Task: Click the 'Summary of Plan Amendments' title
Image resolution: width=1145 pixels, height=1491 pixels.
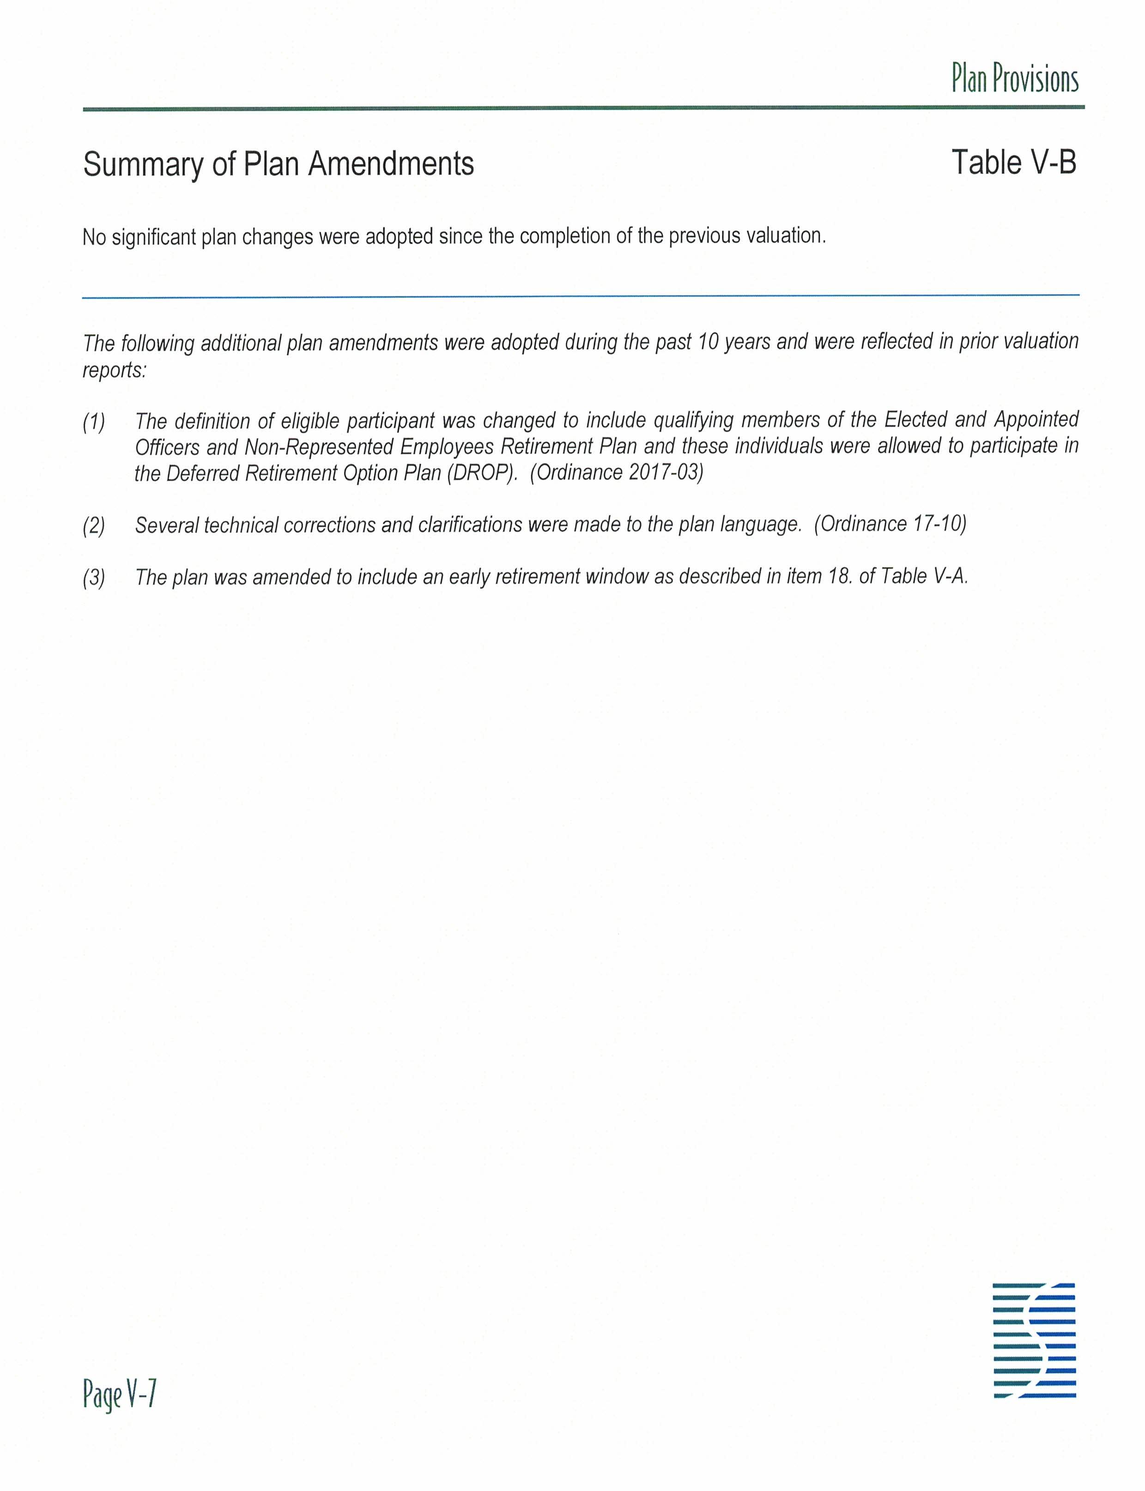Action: [x=278, y=164]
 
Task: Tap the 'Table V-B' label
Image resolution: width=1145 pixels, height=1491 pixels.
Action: [x=1013, y=163]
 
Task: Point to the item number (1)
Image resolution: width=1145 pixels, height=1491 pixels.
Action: [x=94, y=423]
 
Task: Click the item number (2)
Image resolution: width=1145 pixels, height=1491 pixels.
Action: [x=94, y=526]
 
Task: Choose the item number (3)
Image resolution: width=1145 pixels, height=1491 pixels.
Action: [x=94, y=578]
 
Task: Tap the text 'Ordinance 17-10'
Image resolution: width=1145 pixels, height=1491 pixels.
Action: [x=890, y=524]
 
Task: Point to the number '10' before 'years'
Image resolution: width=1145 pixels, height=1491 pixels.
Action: [x=703, y=341]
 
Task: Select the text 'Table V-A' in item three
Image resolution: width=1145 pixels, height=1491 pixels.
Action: [x=923, y=577]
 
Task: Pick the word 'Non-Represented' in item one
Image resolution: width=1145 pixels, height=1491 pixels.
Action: [x=318, y=447]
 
